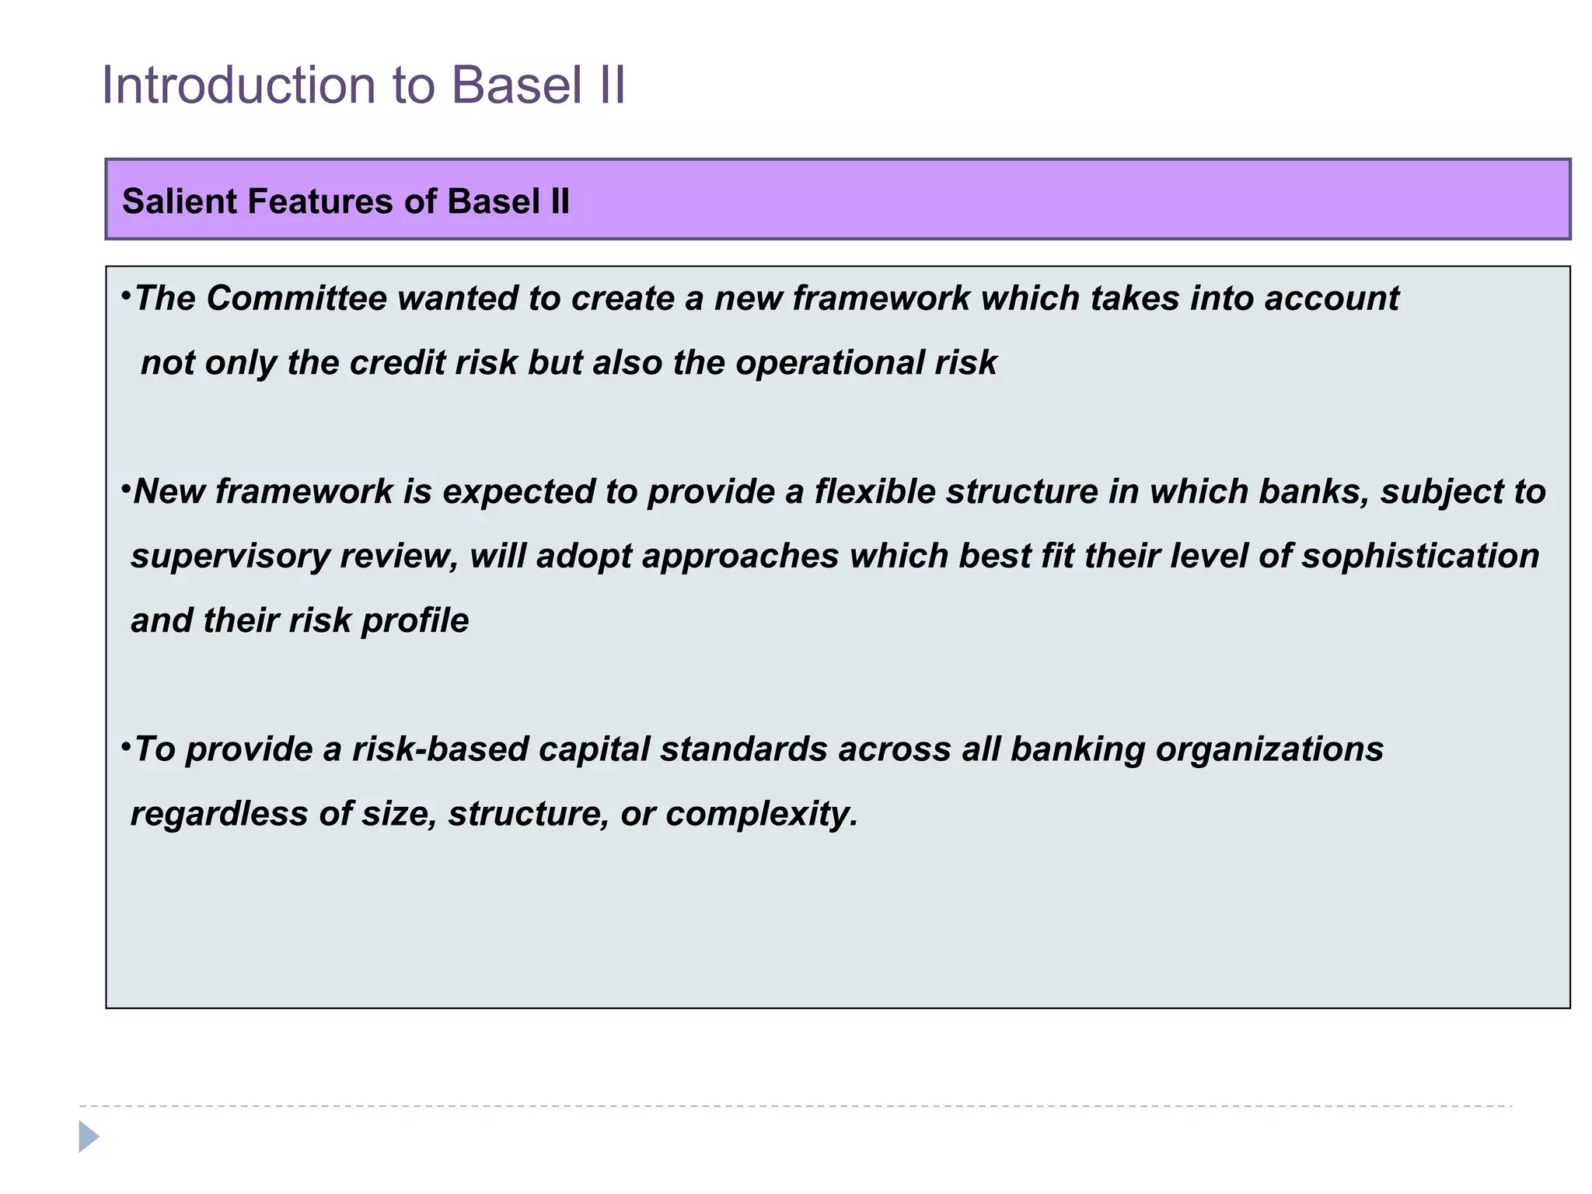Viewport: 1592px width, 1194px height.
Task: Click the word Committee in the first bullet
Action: tap(296, 298)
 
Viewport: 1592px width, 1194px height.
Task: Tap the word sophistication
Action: tap(1420, 557)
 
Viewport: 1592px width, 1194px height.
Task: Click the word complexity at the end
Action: tap(761, 814)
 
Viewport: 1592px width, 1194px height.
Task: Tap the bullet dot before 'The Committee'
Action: tap(125, 295)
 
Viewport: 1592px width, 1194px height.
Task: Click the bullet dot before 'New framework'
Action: tap(125, 489)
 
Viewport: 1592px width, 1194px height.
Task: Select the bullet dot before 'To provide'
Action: tap(125, 746)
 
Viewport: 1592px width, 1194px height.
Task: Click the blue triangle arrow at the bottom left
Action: tap(89, 1136)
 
